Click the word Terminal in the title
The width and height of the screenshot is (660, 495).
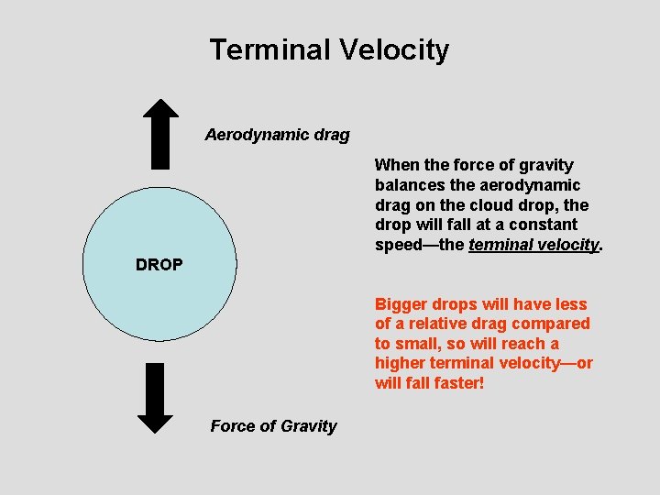(267, 49)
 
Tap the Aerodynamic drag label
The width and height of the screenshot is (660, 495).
(277, 135)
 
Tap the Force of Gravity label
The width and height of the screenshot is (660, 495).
(273, 425)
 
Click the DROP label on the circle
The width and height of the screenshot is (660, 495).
(159, 265)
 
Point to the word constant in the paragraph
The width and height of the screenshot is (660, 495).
(546, 225)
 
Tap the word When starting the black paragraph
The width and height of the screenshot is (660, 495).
(396, 165)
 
